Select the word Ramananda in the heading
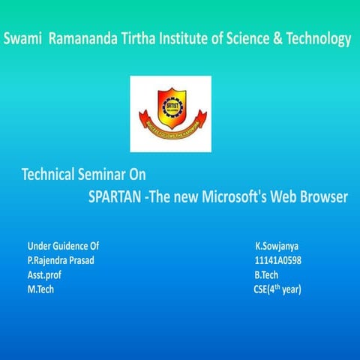(82, 39)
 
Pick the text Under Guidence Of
(63, 246)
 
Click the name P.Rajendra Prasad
(61, 260)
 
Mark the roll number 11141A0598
(278, 260)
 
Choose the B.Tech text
(266, 274)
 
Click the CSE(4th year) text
(277, 289)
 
